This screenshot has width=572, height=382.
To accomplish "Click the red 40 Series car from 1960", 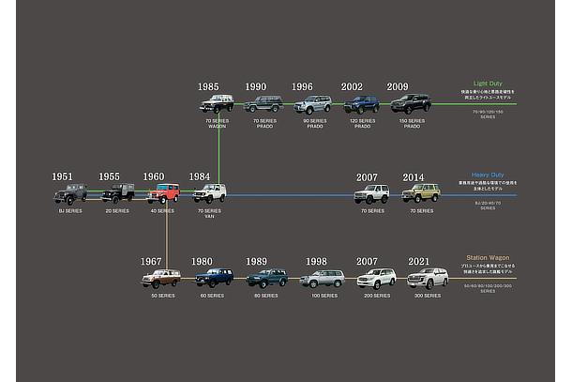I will click(x=162, y=193).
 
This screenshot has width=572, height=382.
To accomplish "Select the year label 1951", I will click(x=63, y=176).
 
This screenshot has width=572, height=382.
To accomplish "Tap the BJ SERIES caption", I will click(x=69, y=211).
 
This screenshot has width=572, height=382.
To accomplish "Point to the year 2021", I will click(x=419, y=262).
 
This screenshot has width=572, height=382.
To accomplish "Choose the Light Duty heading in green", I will click(x=489, y=84).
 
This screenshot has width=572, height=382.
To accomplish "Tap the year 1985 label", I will click(x=208, y=87).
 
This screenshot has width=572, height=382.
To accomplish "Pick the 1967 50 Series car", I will click(x=160, y=279).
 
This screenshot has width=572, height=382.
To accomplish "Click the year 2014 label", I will click(x=414, y=177).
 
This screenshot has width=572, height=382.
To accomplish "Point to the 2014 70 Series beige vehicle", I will click(x=421, y=193).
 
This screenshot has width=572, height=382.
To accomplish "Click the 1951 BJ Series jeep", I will click(x=69, y=194).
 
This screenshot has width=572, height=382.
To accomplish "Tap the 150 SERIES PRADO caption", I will click(x=412, y=124).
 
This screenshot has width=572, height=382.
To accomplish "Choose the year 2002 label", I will click(x=352, y=87).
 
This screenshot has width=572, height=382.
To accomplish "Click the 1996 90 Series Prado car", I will click(x=312, y=105).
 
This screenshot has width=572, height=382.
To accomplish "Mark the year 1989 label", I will click(x=256, y=262).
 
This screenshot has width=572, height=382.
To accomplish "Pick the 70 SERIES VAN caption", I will click(x=210, y=214).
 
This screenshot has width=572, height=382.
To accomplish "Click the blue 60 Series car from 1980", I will click(x=214, y=278).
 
